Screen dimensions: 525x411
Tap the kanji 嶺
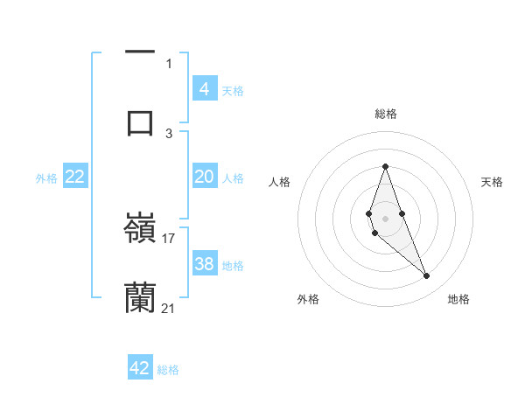(x=140, y=227)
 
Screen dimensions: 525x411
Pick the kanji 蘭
(x=140, y=297)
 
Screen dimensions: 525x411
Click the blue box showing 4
(x=204, y=88)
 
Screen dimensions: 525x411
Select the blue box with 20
(x=204, y=177)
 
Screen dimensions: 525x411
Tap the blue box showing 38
(x=204, y=264)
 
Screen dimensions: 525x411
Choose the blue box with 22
(x=74, y=177)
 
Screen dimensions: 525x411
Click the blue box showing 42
(x=140, y=368)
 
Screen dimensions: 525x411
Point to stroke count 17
(x=169, y=238)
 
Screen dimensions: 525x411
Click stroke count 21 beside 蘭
(x=169, y=308)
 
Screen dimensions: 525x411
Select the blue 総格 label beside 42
(x=168, y=370)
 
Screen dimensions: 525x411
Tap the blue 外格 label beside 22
(x=46, y=178)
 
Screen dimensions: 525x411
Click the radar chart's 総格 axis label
(x=385, y=114)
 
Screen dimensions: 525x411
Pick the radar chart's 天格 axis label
(x=492, y=182)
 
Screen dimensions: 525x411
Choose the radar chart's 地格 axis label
(x=458, y=299)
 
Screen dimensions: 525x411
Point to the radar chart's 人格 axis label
(x=279, y=182)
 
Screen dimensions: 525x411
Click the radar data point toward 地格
(x=426, y=276)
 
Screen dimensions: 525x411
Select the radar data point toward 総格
(x=385, y=166)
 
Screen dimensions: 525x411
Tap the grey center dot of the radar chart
(x=385, y=218)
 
